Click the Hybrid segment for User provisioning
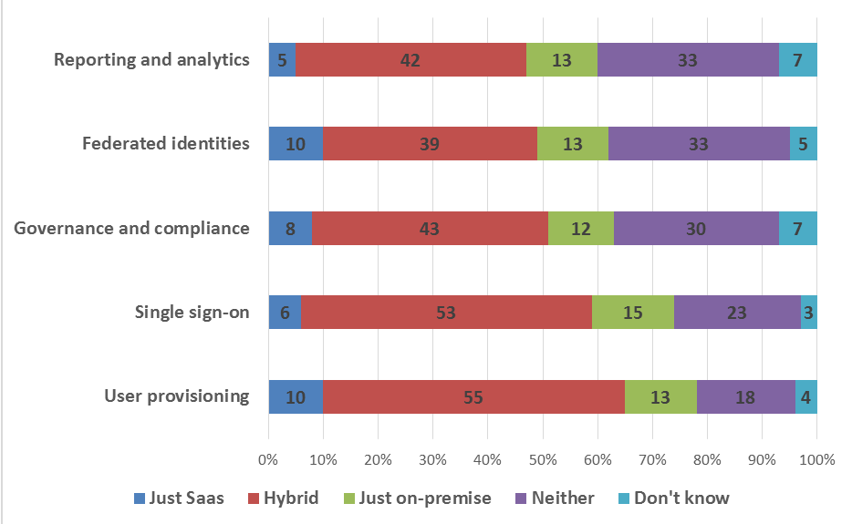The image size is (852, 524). pyautogui.click(x=473, y=396)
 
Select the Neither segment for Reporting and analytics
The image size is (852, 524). pyautogui.click(x=688, y=60)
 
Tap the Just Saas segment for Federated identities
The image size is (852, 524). pyautogui.click(x=296, y=144)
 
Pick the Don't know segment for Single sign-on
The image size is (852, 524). pyautogui.click(x=809, y=313)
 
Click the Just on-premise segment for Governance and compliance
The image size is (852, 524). pyautogui.click(x=581, y=229)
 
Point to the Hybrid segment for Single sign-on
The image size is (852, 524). pyautogui.click(x=446, y=313)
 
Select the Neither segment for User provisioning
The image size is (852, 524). pyautogui.click(x=745, y=396)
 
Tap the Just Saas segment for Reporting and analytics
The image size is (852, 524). pyautogui.click(x=282, y=60)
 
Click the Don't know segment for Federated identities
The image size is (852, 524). pyautogui.click(x=804, y=144)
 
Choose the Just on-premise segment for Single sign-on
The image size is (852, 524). pyautogui.click(x=633, y=313)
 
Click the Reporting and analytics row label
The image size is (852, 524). pyautogui.click(x=151, y=60)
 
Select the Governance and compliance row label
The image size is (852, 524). pyautogui.click(x=131, y=228)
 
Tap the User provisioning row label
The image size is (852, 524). pyautogui.click(x=176, y=396)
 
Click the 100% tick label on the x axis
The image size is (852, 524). pyautogui.click(x=816, y=459)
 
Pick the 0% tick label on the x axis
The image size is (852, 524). pyautogui.click(x=268, y=459)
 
